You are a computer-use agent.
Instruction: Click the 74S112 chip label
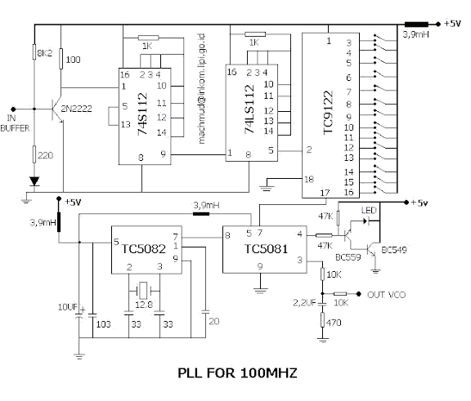[142, 114]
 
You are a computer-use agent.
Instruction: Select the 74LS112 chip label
[249, 109]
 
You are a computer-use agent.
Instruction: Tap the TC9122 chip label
[328, 113]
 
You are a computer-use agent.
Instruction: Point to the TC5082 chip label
[144, 249]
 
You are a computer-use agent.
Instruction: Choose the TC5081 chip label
[266, 249]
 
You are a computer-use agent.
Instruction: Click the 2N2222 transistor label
[76, 109]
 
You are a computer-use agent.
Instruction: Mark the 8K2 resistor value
[44, 53]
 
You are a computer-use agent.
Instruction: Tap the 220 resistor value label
[46, 155]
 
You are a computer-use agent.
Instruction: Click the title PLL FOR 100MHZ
[237, 373]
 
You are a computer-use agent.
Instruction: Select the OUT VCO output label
[386, 295]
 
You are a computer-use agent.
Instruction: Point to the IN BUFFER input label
[15, 123]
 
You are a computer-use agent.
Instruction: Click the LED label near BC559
[369, 210]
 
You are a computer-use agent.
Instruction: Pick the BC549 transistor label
[394, 250]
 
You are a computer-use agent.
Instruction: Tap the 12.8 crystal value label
[144, 305]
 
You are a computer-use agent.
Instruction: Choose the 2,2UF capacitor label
[304, 303]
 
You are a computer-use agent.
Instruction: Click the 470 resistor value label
[334, 323]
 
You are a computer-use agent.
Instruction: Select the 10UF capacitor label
[68, 307]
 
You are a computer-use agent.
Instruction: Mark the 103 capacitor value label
[104, 324]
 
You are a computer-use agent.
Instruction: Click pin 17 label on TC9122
[325, 193]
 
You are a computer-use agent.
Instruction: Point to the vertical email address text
[201, 89]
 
